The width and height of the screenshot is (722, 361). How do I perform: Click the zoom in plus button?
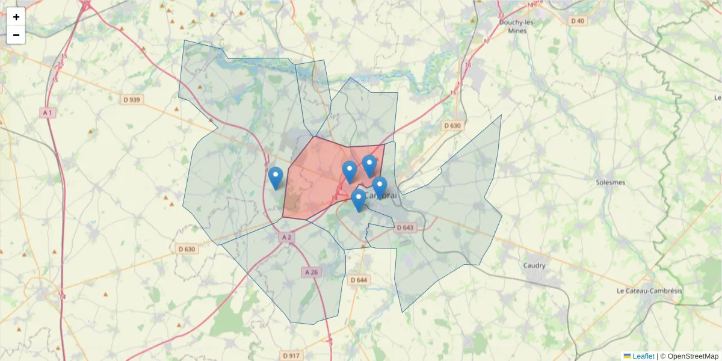(16, 17)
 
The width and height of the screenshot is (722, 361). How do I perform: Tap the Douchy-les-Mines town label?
(517, 26)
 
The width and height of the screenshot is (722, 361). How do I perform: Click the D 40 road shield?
(577, 20)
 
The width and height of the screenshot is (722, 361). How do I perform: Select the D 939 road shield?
(131, 100)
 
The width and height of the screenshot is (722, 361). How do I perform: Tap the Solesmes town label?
(610, 182)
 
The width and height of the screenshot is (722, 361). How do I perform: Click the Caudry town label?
(534, 265)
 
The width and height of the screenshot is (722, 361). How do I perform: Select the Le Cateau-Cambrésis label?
(649, 291)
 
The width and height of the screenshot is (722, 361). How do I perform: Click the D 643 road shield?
(406, 227)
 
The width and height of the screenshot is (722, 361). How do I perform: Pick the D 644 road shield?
(359, 280)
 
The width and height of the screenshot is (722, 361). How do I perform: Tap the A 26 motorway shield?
(311, 272)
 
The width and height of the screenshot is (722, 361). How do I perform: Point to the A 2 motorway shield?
(286, 238)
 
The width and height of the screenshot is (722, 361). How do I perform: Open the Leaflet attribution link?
(643, 356)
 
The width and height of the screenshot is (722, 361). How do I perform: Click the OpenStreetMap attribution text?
(693, 356)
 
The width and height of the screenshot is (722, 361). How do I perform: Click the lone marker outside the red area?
(276, 178)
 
